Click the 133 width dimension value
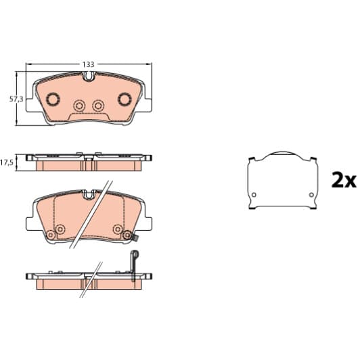pyautogui.click(x=89, y=64)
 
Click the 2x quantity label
pyautogui.click(x=343, y=181)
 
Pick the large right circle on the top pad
pyautogui.click(x=125, y=99)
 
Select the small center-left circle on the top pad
pyautogui.click(x=79, y=105)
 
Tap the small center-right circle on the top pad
pyautogui.click(x=99, y=105)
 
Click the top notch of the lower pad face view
pyautogui.click(x=88, y=195)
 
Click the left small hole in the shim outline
pyautogui.click(x=254, y=197)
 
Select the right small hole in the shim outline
pyautogui.click(x=311, y=197)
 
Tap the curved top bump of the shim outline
pyautogui.click(x=283, y=154)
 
